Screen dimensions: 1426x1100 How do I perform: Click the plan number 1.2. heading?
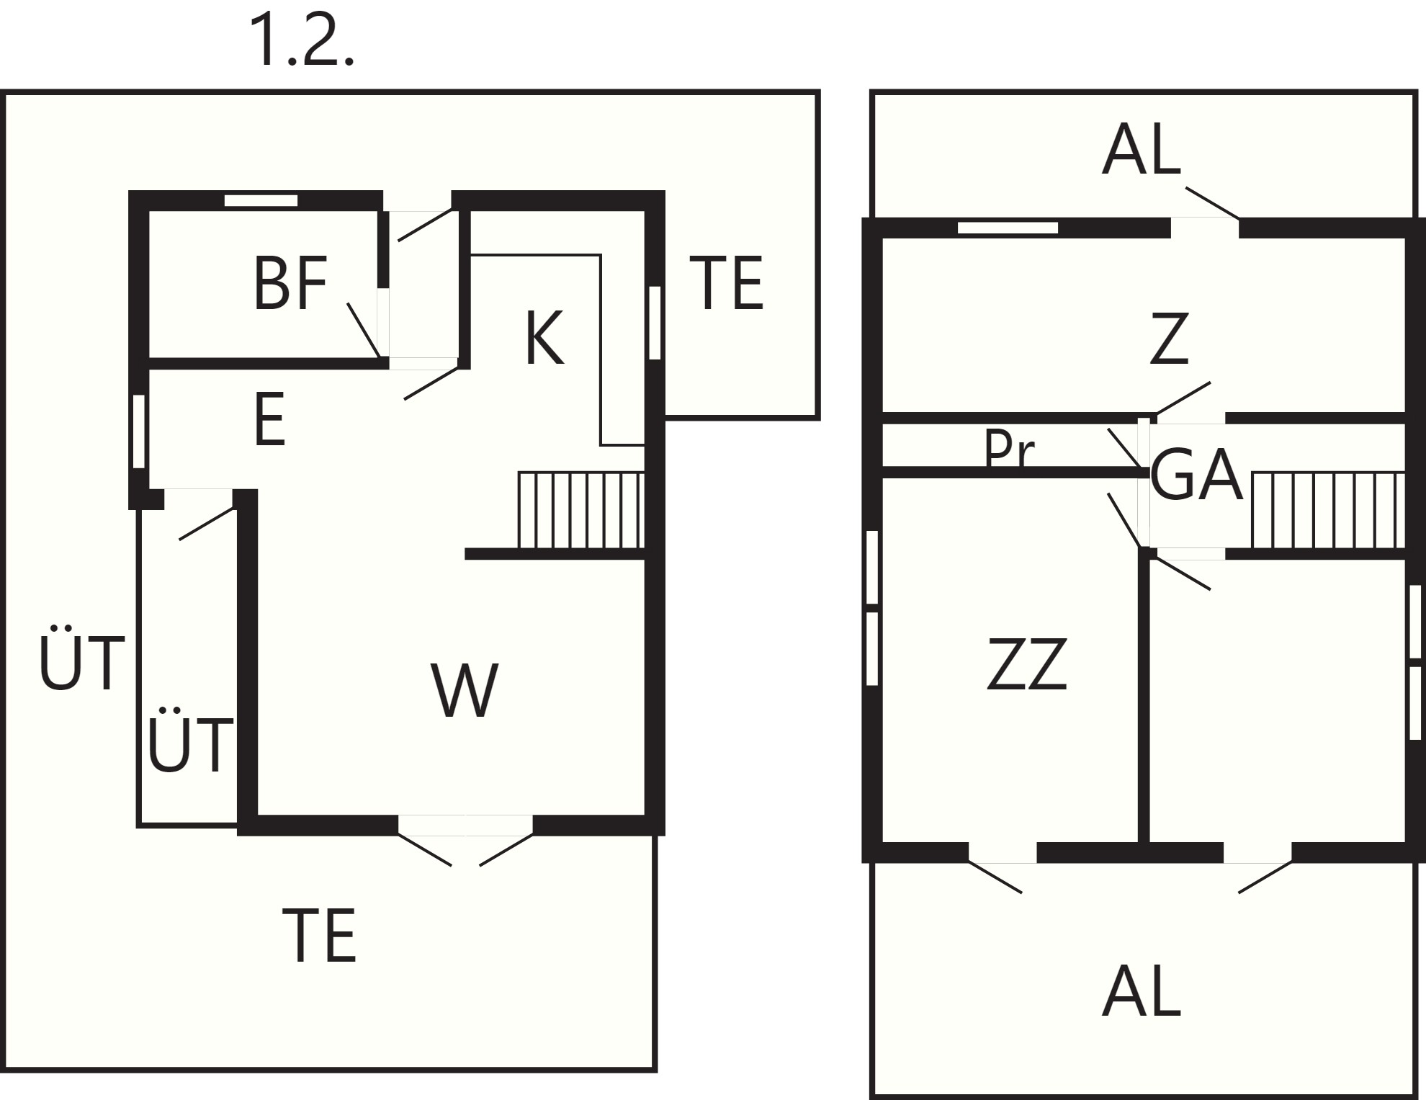[302, 41]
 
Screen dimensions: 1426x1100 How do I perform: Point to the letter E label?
[270, 419]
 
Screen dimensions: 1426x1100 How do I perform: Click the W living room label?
[465, 689]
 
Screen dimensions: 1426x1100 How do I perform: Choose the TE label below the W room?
[319, 935]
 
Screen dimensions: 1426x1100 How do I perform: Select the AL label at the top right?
[1142, 149]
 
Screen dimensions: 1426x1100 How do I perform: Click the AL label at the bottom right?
[1142, 990]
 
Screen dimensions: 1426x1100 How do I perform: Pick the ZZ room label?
[1026, 663]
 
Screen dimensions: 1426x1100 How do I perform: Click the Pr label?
[1009, 449]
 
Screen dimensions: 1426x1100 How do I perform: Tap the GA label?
[1197, 475]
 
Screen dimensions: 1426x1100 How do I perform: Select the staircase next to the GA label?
[1329, 511]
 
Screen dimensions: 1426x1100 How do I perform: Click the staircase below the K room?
[580, 510]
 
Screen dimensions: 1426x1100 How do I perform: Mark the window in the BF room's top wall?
[261, 201]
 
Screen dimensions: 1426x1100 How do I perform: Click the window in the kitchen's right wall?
[655, 323]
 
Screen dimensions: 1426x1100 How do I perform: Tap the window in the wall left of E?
[139, 431]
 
